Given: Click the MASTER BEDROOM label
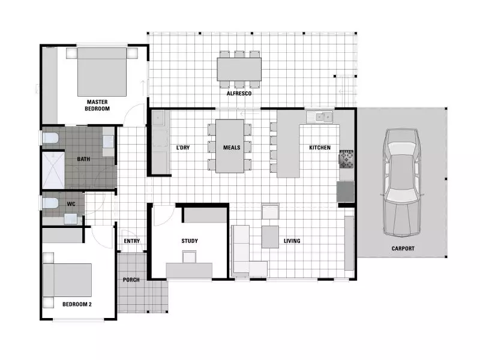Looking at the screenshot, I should click(97, 105).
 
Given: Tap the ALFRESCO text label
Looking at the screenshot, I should click(239, 95).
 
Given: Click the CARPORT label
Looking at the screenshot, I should click(403, 248).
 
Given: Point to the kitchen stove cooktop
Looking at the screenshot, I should click(347, 159).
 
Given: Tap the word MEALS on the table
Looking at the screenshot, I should click(232, 148).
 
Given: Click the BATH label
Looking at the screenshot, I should click(84, 160).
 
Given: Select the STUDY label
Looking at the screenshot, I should click(190, 241).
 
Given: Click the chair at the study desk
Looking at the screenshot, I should click(189, 257).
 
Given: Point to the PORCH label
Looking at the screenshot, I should click(131, 280).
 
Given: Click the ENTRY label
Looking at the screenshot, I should click(132, 241).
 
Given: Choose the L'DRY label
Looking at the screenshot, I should click(183, 148).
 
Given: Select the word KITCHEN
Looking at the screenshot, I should click(319, 148).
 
